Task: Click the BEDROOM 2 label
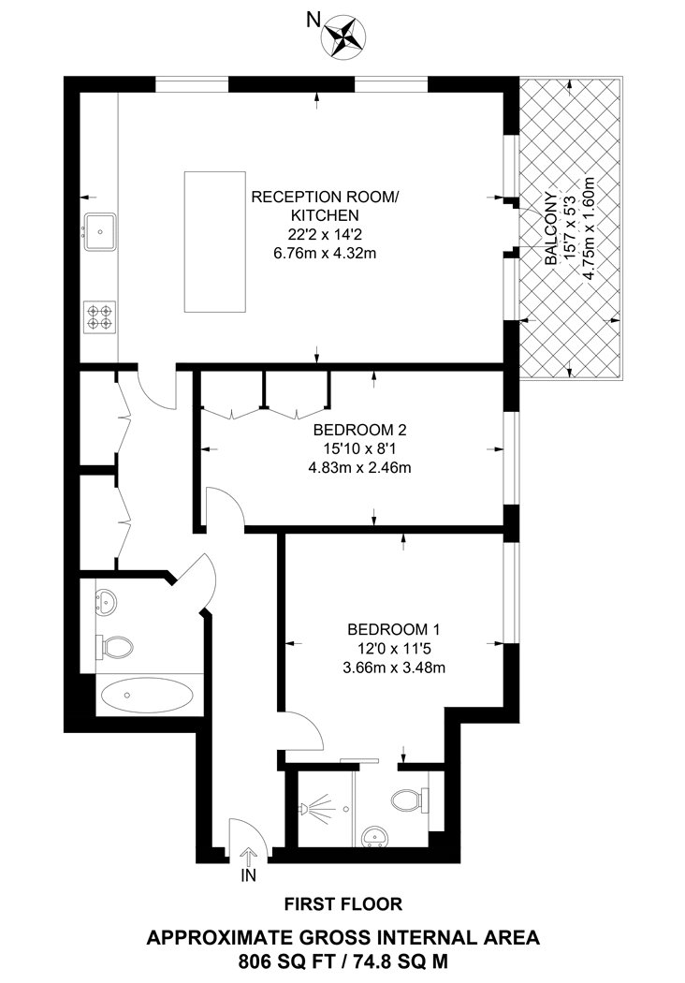360,431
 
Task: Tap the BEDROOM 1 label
393,630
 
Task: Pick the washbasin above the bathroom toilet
104,601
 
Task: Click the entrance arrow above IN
249,855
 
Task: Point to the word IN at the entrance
249,875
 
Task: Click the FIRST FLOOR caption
342,904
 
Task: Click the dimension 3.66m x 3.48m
393,668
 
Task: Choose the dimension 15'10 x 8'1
360,449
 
